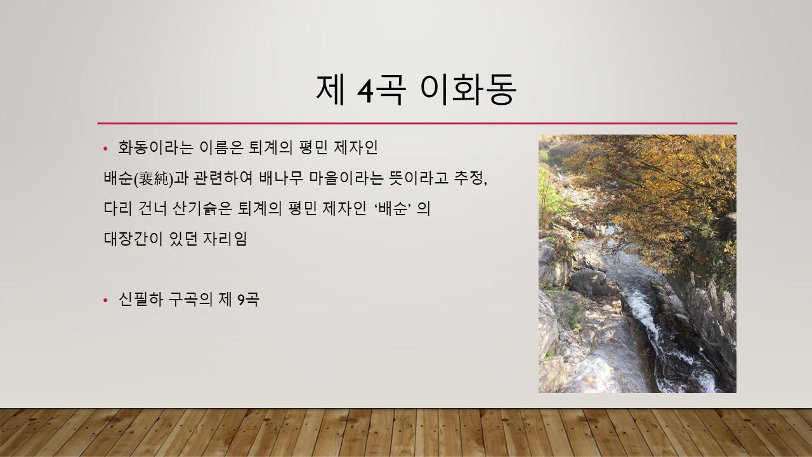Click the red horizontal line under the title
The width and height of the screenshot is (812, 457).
417,123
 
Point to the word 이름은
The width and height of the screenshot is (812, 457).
221,148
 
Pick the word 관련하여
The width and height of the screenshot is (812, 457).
223,178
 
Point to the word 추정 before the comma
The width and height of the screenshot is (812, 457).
468,178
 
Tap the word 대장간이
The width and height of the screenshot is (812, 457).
133,239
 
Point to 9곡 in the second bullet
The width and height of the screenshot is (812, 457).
248,300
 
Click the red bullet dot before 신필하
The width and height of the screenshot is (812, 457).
105,300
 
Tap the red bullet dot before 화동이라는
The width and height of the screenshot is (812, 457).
105,149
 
